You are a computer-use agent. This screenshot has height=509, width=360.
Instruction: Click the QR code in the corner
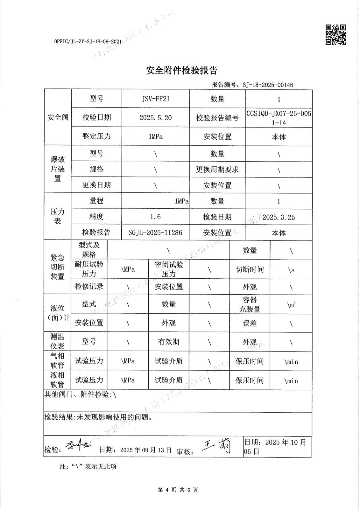click(x=335, y=34)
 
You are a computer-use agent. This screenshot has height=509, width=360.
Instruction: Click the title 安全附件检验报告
click(x=181, y=70)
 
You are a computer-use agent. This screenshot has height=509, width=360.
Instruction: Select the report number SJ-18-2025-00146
click(x=268, y=85)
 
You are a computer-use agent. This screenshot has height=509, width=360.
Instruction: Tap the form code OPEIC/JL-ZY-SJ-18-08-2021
click(x=88, y=42)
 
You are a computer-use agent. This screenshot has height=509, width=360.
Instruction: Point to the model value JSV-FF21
click(x=155, y=99)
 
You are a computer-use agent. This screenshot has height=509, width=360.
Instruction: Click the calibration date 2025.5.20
click(x=155, y=118)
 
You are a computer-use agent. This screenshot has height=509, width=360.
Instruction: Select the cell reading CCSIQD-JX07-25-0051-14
click(x=279, y=118)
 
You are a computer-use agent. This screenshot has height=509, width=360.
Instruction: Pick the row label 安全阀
click(x=58, y=117)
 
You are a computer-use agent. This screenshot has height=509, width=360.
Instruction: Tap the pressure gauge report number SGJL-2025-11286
click(x=155, y=233)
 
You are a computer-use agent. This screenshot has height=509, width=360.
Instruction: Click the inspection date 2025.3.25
click(x=279, y=217)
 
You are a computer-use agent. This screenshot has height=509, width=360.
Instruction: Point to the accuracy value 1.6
click(x=155, y=217)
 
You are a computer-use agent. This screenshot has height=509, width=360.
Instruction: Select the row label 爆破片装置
click(x=58, y=169)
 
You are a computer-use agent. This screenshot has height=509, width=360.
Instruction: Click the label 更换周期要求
click(x=217, y=170)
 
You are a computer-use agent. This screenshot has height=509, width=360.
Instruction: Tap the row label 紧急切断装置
click(x=57, y=267)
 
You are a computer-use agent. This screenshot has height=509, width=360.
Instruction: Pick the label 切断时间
click(x=250, y=270)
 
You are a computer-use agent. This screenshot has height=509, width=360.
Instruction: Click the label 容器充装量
click(x=250, y=304)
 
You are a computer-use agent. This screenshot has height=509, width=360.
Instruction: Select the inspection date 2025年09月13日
click(x=146, y=450)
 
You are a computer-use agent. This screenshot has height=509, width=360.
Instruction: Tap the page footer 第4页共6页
click(x=178, y=490)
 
